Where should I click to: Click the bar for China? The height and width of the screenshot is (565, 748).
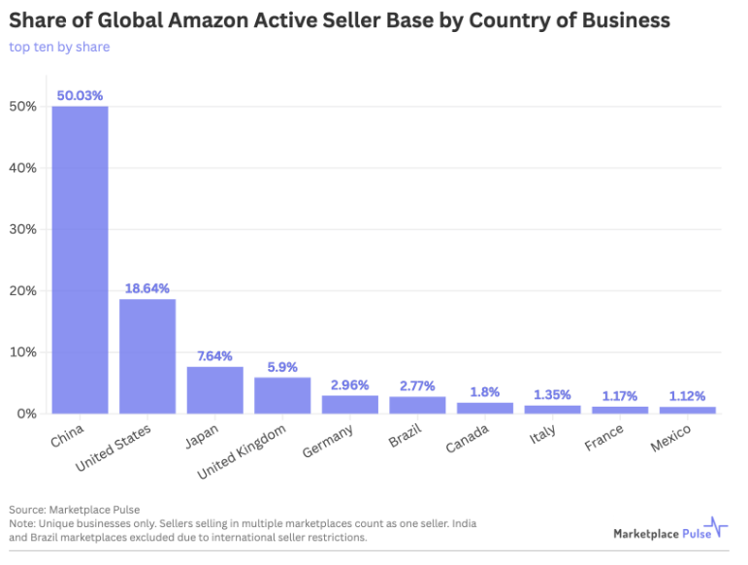[80, 259]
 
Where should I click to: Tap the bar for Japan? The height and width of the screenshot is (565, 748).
[215, 389]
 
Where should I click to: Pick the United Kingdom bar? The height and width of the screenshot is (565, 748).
[282, 395]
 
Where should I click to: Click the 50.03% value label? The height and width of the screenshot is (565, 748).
[80, 95]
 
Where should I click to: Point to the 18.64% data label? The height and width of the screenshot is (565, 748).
[147, 288]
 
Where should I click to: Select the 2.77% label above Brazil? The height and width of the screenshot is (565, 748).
[417, 386]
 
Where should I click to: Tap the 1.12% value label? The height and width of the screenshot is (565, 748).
[688, 396]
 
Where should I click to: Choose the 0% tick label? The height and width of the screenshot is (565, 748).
[26, 414]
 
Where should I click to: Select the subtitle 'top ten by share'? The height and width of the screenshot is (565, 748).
[59, 47]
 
